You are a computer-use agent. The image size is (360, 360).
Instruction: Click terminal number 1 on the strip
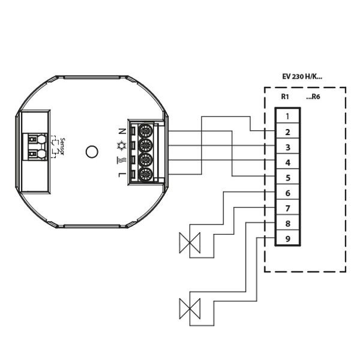(288, 116)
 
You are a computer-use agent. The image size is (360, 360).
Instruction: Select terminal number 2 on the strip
(288, 131)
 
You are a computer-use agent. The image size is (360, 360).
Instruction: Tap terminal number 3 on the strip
(288, 147)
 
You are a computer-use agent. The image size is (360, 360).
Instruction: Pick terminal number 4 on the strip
(288, 163)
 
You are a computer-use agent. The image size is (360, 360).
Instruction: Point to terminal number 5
(288, 178)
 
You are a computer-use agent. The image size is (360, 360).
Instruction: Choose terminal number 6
(288, 193)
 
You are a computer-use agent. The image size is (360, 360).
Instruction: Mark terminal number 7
(288, 208)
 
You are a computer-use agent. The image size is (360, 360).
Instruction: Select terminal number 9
(288, 239)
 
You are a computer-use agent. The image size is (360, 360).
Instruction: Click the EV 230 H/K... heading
(302, 77)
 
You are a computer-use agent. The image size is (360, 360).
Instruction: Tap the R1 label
(285, 96)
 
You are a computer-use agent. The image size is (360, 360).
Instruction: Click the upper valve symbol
(190, 243)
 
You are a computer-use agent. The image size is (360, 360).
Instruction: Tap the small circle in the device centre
(91, 151)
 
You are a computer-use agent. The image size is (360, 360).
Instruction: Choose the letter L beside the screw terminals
(122, 175)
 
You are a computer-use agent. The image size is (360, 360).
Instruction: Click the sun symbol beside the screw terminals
(122, 145)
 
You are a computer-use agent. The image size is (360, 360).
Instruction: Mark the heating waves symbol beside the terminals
(122, 160)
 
